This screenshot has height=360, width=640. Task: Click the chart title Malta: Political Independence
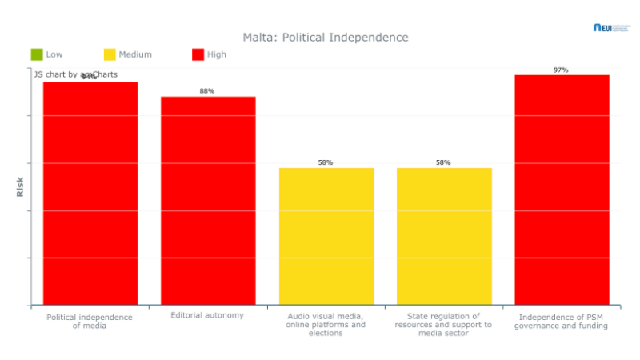326,38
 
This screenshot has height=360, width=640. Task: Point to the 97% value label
561,70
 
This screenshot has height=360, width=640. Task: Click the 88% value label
207,91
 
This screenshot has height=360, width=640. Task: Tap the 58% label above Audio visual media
326,162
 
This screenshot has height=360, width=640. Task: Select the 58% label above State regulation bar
443,162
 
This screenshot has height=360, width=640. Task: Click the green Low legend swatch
37,54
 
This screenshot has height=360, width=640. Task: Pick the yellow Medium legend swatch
110,54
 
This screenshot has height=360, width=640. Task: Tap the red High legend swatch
198,54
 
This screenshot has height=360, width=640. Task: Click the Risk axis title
20,186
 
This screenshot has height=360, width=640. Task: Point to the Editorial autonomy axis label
207,315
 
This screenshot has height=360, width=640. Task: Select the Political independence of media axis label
90,321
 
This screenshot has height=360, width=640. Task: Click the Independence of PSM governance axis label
561,321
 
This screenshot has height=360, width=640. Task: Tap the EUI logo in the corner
611,27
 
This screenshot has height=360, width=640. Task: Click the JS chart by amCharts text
76,74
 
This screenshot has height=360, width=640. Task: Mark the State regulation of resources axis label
443,324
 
